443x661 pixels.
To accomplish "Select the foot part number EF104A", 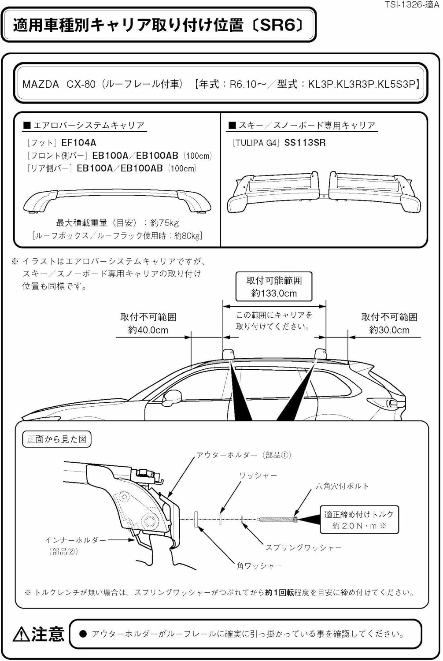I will click(78, 142).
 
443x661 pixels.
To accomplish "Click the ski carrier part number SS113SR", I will click(305, 142).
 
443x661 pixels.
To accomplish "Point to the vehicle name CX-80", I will click(81, 84).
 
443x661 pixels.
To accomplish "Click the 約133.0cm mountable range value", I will click(274, 293).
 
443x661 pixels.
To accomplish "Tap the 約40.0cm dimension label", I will click(148, 330).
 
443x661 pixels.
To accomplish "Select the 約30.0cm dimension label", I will click(389, 330).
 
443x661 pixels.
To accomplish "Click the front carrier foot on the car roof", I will click(229, 354).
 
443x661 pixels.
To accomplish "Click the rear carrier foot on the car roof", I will click(321, 354).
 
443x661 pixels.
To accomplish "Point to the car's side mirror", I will click(172, 397).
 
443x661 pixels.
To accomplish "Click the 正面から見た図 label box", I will click(57, 439).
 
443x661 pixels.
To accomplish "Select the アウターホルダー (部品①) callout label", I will click(244, 455).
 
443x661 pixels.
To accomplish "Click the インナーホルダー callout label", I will click(75, 540).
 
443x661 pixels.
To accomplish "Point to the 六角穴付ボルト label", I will click(342, 486).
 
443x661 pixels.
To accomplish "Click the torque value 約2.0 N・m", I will click(359, 526).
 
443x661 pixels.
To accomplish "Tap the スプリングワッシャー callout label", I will click(303, 547).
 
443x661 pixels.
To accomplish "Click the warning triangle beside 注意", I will click(21, 635).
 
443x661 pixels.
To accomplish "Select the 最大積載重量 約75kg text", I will click(117, 223).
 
